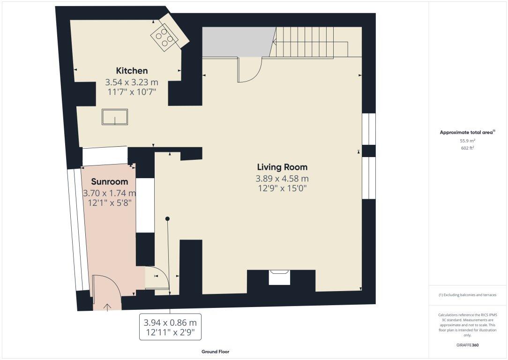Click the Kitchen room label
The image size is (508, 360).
click(x=132, y=71)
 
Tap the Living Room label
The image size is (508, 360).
click(x=282, y=167)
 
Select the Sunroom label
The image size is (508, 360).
click(x=110, y=181)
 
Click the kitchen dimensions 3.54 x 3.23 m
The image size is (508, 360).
click(x=132, y=82)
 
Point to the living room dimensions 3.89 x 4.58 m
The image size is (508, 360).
click(x=282, y=179)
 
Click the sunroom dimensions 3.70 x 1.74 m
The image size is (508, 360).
click(x=110, y=194)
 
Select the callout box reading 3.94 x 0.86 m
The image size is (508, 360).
click(x=171, y=327)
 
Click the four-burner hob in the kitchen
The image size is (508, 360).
click(x=164, y=37)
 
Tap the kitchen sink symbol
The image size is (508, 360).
click(x=115, y=117)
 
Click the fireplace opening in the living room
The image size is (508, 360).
click(x=279, y=277)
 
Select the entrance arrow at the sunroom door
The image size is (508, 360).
click(x=107, y=307)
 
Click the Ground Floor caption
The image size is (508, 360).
click(x=216, y=352)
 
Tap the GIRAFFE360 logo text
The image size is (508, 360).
click(x=467, y=345)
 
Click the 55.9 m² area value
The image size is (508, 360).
click(x=468, y=141)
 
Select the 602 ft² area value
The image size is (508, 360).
click(x=468, y=148)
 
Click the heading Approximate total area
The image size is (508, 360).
click(x=467, y=132)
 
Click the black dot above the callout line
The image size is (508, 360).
click(x=167, y=219)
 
